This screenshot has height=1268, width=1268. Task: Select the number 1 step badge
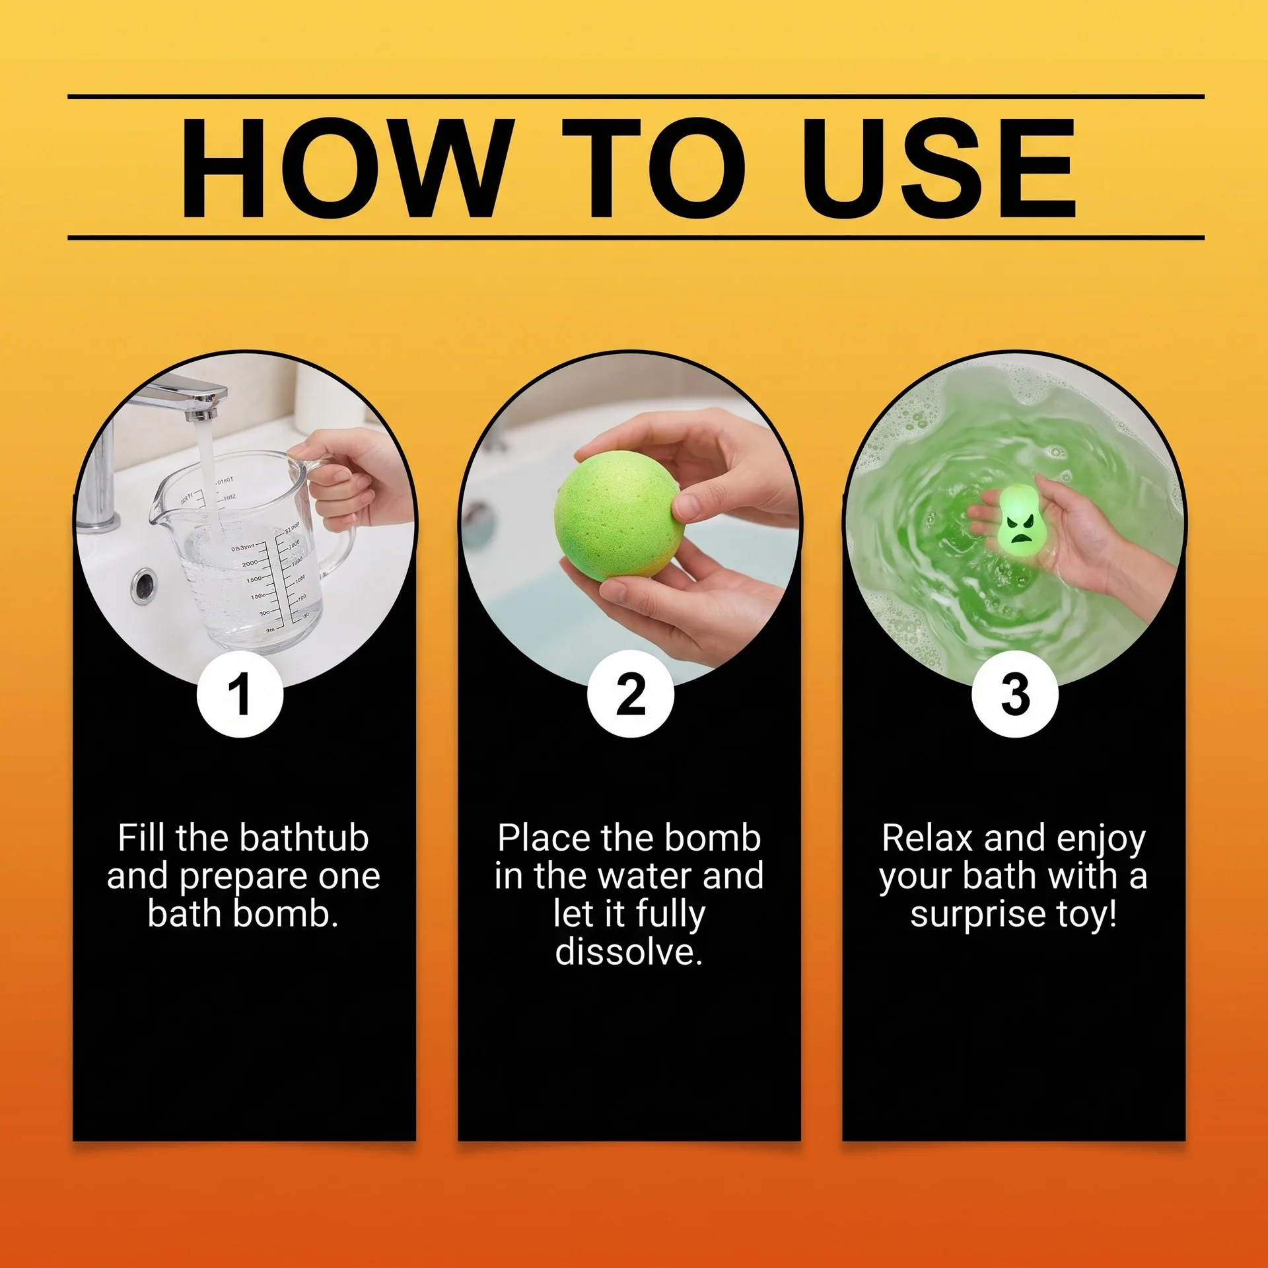point(240,694)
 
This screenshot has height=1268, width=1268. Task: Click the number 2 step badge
point(631,694)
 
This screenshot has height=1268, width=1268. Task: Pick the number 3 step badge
point(1015,694)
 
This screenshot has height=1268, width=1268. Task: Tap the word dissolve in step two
point(629,952)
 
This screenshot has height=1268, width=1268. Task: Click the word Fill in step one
point(141,838)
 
